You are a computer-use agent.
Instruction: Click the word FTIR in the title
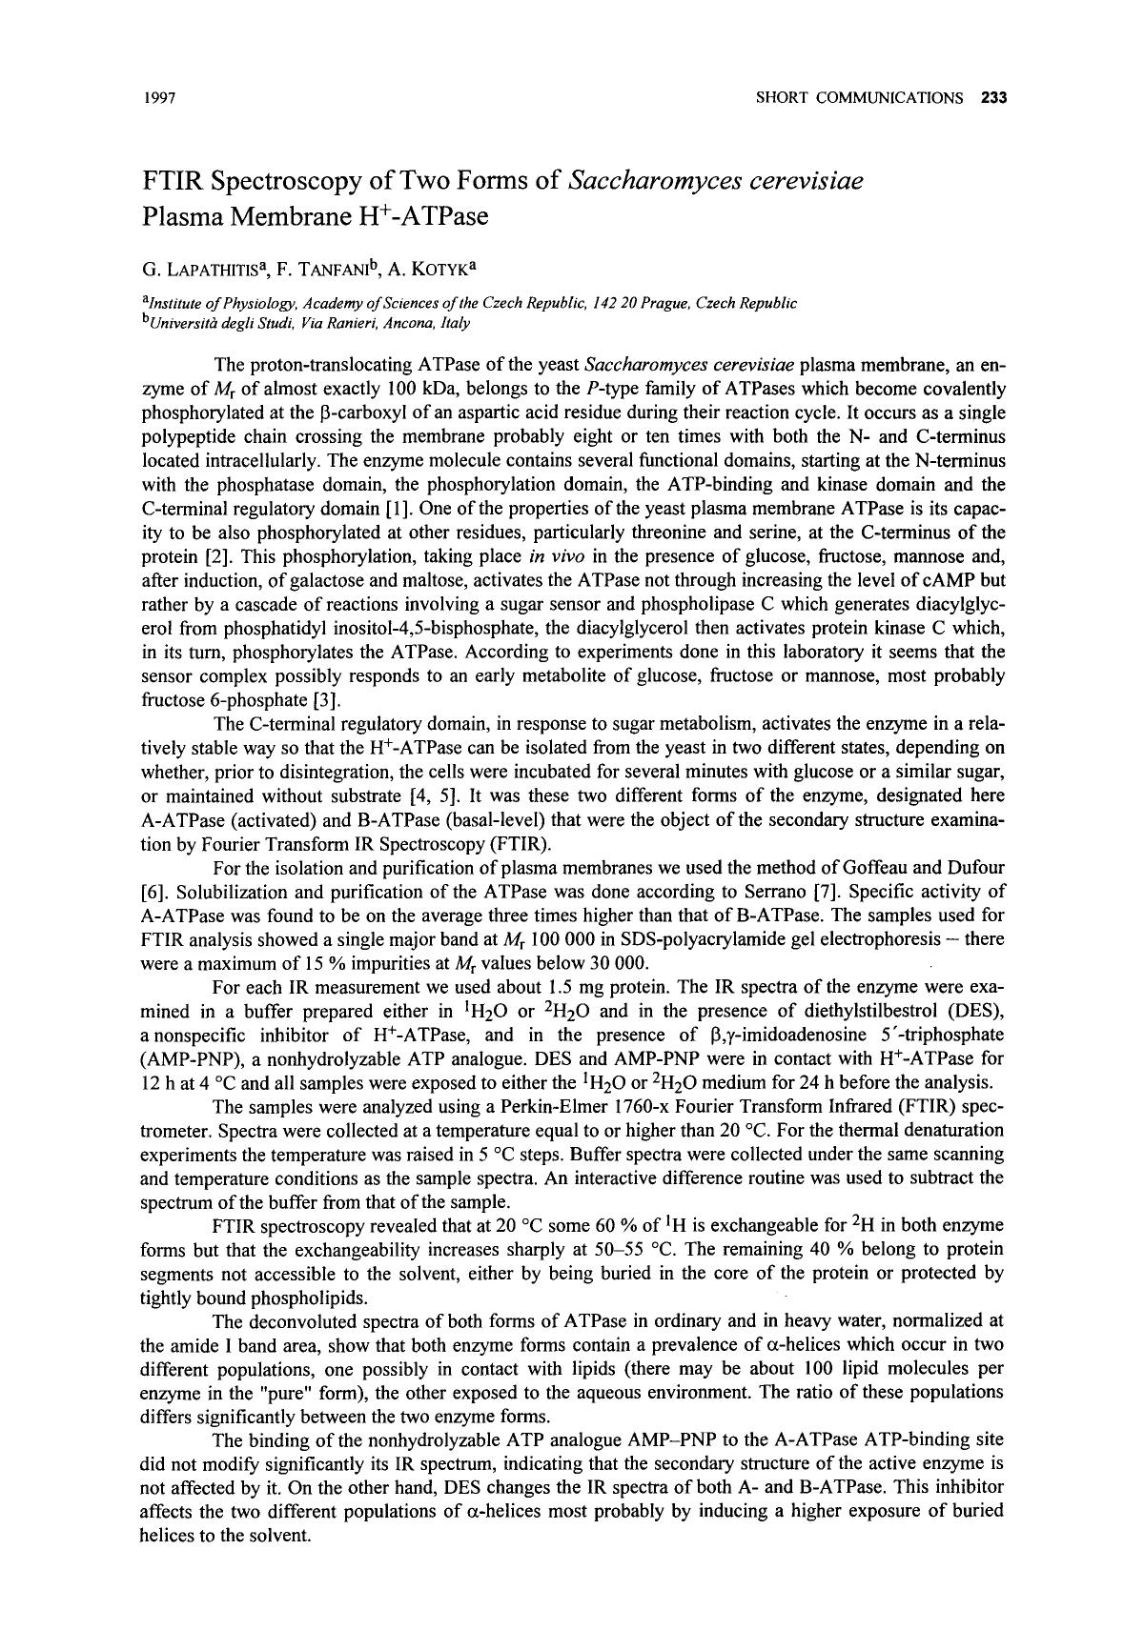(x=174, y=180)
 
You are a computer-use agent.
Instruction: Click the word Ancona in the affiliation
(x=369, y=323)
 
